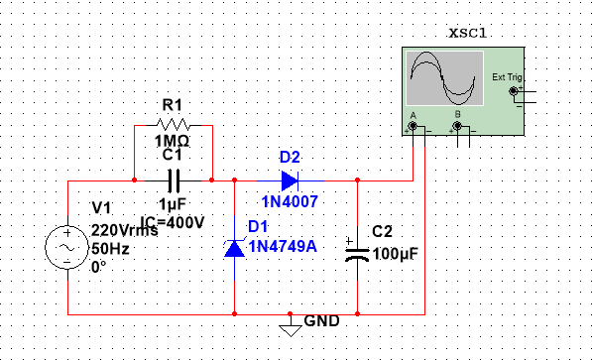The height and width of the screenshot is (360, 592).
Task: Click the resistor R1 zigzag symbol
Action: click(174, 126)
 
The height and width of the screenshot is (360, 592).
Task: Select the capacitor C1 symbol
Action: click(174, 180)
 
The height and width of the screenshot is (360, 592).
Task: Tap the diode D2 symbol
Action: click(289, 180)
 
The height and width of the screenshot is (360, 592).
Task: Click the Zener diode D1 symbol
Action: click(234, 247)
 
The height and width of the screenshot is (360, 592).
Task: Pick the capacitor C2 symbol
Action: click(357, 247)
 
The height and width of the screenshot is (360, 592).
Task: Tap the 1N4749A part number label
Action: click(282, 246)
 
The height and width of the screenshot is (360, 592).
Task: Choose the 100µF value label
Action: click(396, 253)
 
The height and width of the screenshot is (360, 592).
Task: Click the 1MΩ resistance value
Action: click(174, 141)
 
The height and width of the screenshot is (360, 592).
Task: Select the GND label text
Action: click(322, 321)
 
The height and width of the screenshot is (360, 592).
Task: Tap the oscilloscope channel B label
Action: click(457, 115)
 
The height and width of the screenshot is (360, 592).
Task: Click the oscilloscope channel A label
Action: click(411, 115)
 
